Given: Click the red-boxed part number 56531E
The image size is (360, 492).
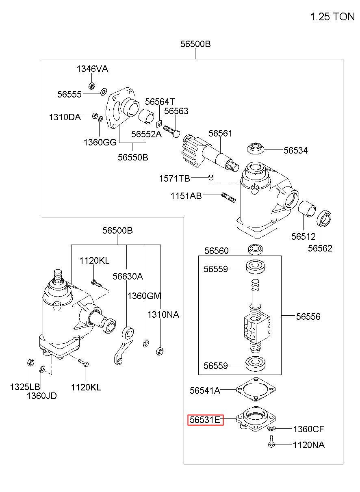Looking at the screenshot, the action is (205, 420).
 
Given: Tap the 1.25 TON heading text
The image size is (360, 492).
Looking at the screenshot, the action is (332, 17).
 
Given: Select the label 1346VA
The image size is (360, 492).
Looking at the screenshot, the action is (92, 69).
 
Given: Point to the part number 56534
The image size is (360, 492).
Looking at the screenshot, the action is (295, 150).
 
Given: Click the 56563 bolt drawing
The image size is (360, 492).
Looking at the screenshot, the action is (172, 131).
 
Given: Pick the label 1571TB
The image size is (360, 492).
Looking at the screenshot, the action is (174, 179).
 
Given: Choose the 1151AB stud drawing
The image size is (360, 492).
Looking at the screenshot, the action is (228, 197).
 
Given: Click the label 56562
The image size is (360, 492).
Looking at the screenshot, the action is (320, 248).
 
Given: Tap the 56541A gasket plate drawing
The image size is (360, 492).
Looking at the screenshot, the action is (256, 390).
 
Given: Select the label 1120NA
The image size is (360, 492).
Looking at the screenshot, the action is (309, 445).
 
